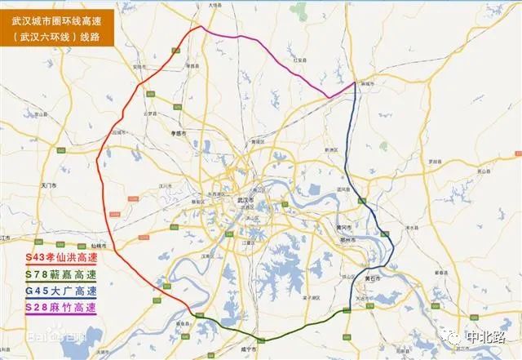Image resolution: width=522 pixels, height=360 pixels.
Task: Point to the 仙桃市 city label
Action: coord(100,245)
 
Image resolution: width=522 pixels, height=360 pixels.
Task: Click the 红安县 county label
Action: coord(299,59)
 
